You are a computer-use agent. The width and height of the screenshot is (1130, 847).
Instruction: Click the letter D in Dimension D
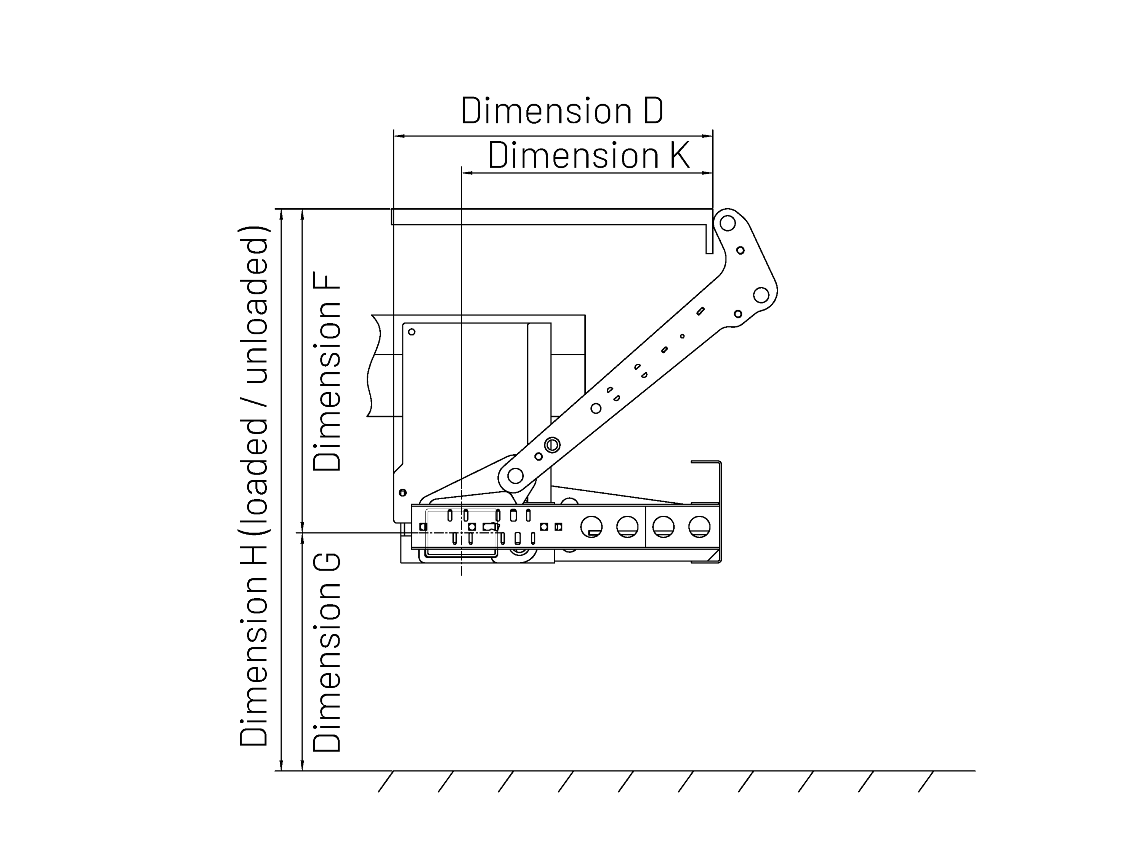coord(653,110)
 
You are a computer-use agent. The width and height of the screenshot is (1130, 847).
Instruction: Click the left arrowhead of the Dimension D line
coord(399,136)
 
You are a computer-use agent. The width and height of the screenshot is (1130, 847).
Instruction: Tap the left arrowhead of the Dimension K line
coord(467,173)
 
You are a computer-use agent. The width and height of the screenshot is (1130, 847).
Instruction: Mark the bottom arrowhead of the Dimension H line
coord(281,766)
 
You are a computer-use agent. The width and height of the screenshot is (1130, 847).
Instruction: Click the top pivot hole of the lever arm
coord(728,224)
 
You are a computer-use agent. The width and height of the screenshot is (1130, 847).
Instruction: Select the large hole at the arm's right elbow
coord(761,295)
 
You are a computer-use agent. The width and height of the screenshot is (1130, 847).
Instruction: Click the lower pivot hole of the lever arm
coord(515,476)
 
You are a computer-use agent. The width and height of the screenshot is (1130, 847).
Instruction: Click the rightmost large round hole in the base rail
coord(699,527)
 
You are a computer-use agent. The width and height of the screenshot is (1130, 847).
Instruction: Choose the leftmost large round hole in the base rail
coord(591,527)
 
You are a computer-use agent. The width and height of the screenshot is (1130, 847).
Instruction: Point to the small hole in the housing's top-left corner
coord(412,332)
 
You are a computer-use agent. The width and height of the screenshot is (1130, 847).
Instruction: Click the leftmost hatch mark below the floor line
coord(386,781)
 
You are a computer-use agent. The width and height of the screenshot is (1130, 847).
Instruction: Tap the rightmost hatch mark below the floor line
coord(926,781)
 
